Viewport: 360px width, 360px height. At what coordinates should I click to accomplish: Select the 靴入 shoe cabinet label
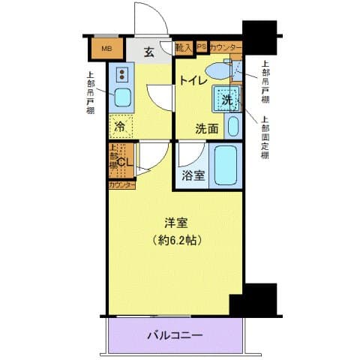tap(183, 47)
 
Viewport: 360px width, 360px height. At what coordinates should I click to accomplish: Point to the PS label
tap(201, 46)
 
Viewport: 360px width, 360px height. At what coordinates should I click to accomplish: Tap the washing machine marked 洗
tap(227, 98)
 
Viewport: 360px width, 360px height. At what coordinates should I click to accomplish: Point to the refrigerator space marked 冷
tap(120, 126)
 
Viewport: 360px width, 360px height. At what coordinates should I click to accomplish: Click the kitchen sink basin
tap(121, 96)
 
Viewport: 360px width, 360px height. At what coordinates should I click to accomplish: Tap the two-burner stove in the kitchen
tap(121, 73)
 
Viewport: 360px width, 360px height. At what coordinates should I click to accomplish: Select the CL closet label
tap(124, 160)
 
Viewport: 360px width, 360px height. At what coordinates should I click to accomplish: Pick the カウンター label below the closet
tap(121, 184)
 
